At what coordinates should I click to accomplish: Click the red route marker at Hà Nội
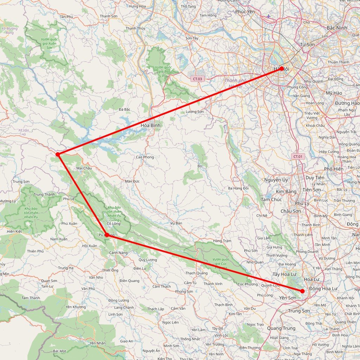[x=282, y=69]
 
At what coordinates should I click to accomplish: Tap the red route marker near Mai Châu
[x=58, y=154]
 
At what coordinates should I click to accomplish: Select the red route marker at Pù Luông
[x=106, y=234]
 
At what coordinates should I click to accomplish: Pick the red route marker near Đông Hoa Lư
[x=302, y=291]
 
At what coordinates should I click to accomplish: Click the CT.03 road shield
[x=197, y=79]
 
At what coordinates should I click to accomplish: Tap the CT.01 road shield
[x=297, y=156]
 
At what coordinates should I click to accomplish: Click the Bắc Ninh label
[x=337, y=28]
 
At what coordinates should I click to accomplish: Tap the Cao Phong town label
[x=145, y=157]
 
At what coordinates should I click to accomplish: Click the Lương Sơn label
[x=195, y=112]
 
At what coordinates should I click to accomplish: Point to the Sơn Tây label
[x=192, y=38]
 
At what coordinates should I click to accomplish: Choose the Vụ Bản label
[x=176, y=223]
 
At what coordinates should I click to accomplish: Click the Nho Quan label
[x=255, y=262]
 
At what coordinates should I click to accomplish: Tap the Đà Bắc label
[x=124, y=109]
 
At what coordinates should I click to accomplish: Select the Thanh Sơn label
[x=109, y=16]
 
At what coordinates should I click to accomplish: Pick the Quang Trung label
[x=281, y=328]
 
